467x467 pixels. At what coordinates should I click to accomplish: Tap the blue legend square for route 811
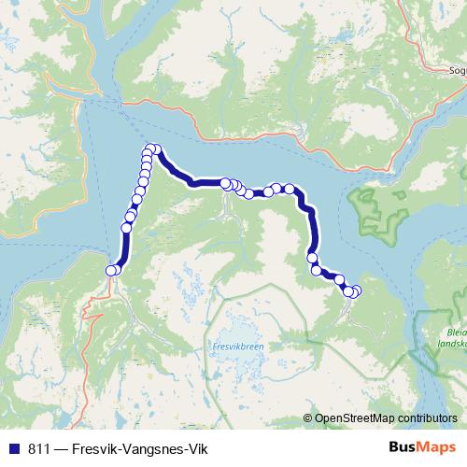click(x=12, y=446)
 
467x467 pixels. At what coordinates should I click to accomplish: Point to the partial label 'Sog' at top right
click(x=457, y=69)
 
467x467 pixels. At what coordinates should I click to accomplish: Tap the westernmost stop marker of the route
click(x=110, y=271)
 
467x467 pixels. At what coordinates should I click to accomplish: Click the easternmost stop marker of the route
click(x=356, y=291)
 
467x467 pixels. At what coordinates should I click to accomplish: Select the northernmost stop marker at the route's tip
click(x=154, y=149)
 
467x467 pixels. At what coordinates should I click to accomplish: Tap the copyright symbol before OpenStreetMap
click(x=309, y=417)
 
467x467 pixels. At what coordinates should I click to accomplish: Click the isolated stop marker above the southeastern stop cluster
click(x=313, y=258)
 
